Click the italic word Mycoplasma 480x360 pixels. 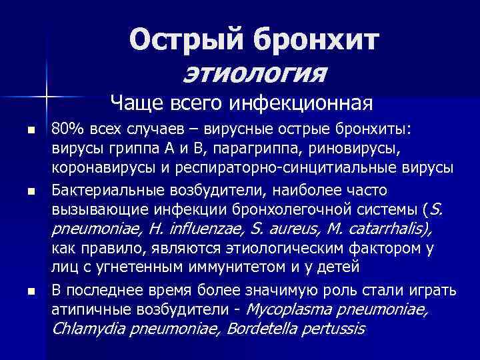tap(291, 309)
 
